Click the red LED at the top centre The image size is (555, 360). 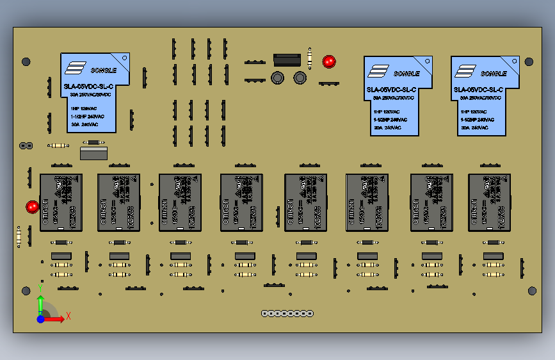coord(329,61)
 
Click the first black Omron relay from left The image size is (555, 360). coord(61,202)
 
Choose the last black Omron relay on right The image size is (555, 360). coord(489,202)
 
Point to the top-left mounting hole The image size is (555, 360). coord(26,62)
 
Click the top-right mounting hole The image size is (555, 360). coord(529,61)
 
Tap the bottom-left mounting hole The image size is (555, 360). coord(26,291)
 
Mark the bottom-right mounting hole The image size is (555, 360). coord(532,291)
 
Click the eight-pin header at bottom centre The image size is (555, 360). coord(287,313)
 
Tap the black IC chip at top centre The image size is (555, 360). coord(287,60)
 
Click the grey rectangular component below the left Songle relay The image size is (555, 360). coord(93,153)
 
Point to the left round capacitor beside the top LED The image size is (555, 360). coord(278,78)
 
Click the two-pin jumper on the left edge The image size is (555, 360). coord(26,145)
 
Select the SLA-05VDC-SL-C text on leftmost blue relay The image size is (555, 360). coord(88,86)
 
